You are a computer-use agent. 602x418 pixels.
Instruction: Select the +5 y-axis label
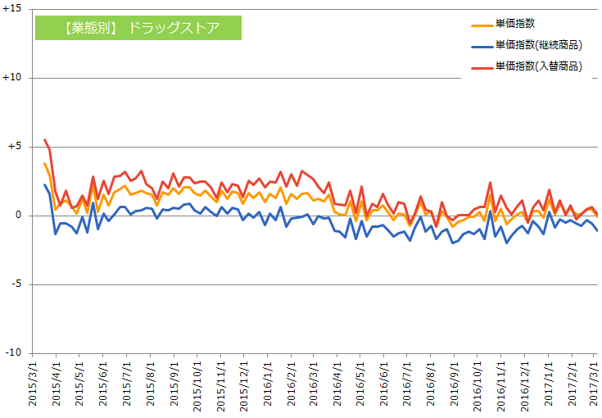coord(17,147)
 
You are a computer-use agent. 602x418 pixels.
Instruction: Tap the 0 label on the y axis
coord(22,216)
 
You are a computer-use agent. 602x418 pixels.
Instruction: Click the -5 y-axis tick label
coord(19,284)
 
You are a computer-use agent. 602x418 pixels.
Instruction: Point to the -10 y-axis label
coord(16,353)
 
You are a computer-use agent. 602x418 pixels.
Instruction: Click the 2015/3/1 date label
coord(34,384)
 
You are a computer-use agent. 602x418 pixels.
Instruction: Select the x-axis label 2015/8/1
coord(151,384)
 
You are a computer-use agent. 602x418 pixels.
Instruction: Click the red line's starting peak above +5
coord(44,139)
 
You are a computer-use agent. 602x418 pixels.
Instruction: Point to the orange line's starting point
coord(44,163)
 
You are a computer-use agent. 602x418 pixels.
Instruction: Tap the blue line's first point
coord(44,184)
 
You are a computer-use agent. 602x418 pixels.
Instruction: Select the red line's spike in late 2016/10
coord(490,183)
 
